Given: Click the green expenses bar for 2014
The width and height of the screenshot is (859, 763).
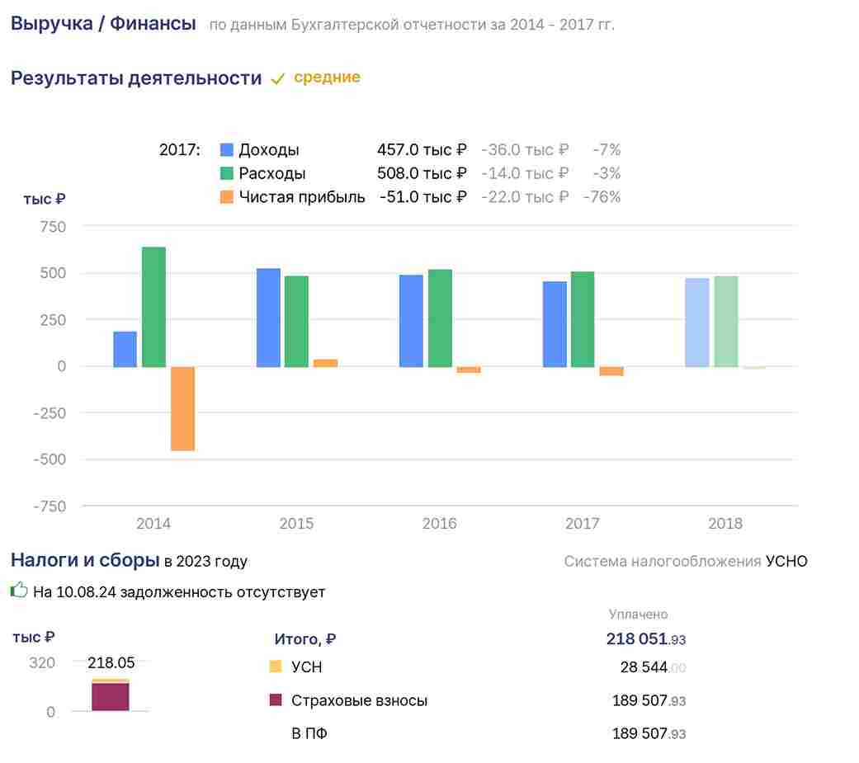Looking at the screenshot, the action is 153,307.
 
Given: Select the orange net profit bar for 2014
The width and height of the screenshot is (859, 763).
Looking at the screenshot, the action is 182,408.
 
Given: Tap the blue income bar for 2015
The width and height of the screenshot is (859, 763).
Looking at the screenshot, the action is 268,318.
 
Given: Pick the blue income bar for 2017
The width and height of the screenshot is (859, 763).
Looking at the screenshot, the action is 555,324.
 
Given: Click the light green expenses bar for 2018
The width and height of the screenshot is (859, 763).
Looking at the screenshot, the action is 726,322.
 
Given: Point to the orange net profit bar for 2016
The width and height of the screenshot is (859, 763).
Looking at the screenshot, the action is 469,370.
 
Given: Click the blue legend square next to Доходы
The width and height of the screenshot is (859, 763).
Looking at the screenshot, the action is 226,149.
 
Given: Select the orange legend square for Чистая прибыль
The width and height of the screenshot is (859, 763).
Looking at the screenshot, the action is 226,196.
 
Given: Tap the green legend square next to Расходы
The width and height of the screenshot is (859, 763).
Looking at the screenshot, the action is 226,173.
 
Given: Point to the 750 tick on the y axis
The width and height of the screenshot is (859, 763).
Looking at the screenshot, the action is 53,227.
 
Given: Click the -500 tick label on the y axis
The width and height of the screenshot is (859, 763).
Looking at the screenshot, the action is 50,459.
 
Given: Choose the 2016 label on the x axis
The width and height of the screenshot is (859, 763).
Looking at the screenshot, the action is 439,524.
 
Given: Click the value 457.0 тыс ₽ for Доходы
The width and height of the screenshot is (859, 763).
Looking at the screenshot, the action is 422,149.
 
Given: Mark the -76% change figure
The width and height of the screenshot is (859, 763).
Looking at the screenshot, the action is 602,196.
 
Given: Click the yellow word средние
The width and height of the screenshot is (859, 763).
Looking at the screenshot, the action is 327,78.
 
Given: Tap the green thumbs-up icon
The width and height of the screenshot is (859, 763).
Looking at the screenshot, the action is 19,591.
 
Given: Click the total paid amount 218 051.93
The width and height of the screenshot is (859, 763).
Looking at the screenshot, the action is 646,638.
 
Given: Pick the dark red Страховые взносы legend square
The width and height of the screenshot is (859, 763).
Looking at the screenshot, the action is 276,699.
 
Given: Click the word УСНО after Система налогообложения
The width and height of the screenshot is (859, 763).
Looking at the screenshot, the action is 786,562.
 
